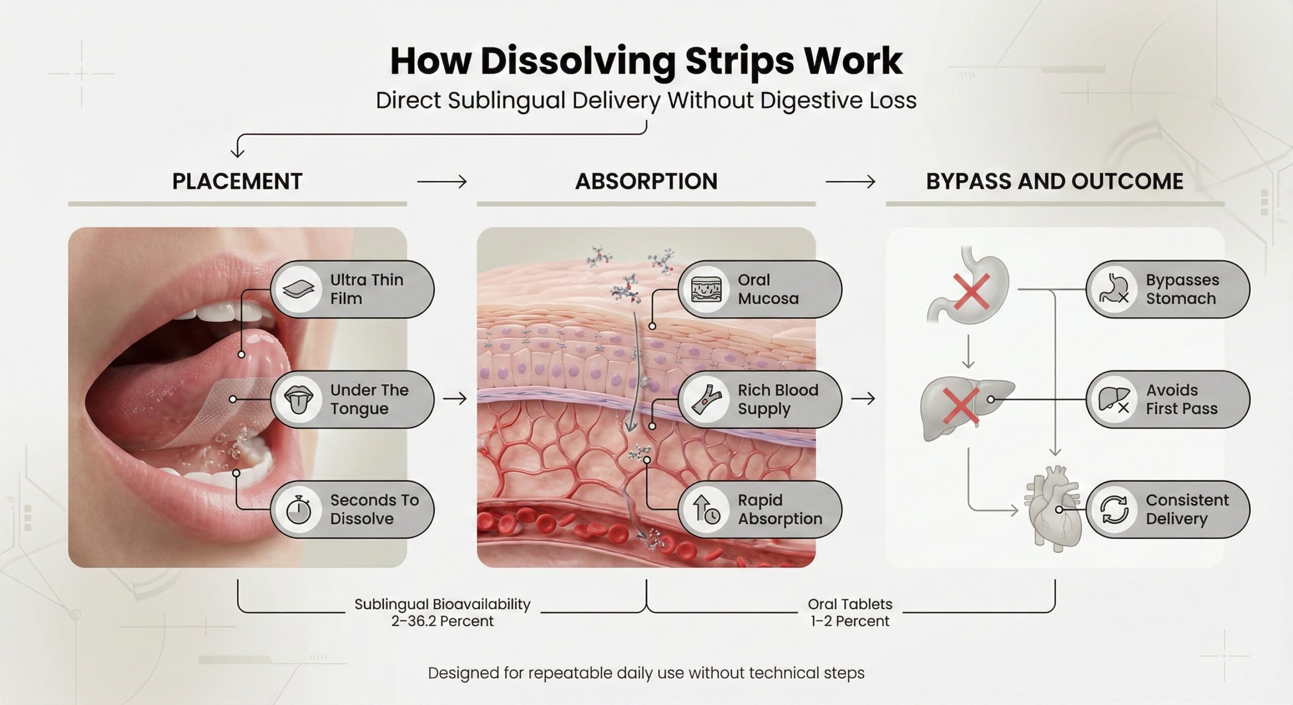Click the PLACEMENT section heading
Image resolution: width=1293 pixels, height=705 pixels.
point(237,181)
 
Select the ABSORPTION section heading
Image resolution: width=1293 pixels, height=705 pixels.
point(646,181)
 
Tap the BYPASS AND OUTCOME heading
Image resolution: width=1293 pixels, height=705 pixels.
point(1055,181)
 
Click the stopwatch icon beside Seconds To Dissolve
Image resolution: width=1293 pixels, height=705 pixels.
point(299,510)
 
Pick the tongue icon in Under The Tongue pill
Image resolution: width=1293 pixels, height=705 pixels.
point(299,399)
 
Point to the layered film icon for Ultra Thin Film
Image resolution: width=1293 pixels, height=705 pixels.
point(299,289)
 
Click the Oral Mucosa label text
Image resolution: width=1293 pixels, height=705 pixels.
point(768,289)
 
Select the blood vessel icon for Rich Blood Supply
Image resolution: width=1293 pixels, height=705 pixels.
point(706,399)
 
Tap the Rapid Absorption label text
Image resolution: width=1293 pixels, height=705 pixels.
point(780,510)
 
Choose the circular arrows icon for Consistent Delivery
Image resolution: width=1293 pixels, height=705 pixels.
point(1114,510)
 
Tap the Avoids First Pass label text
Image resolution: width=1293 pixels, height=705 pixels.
point(1181,399)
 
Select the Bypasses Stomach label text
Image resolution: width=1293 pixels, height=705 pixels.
point(1182,289)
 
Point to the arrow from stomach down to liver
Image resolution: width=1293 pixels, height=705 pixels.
point(968,352)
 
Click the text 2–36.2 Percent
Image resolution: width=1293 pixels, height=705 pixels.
point(442,621)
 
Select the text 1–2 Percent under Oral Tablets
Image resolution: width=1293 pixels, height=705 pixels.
point(850,621)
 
